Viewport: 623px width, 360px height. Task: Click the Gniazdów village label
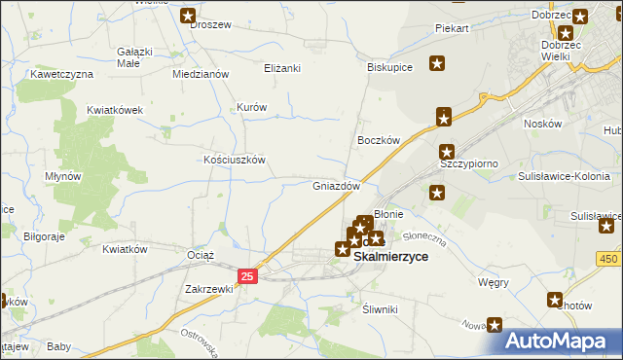[x=337, y=186]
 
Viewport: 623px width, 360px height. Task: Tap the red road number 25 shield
[x=248, y=277]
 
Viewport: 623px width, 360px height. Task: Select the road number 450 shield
[x=609, y=258]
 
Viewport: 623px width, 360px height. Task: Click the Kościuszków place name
[x=234, y=160]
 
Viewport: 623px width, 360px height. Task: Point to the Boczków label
[x=380, y=140]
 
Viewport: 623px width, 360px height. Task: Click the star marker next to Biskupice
[x=438, y=64]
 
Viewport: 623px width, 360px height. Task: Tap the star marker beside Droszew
[x=188, y=16]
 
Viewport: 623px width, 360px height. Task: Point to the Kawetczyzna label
[x=61, y=74]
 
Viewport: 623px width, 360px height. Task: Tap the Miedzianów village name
[x=200, y=74]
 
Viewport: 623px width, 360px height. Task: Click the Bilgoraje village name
[x=44, y=236]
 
